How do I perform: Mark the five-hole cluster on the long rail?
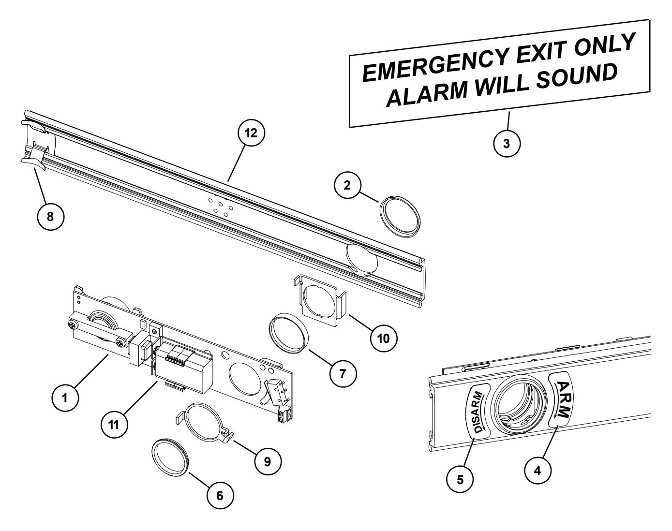(x=220, y=205)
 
